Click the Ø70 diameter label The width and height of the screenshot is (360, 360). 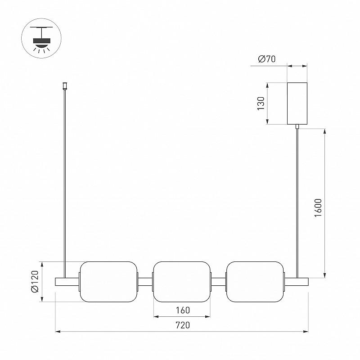(x=266, y=59)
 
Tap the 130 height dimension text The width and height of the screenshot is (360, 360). (x=261, y=103)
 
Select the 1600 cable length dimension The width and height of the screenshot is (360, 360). (x=318, y=208)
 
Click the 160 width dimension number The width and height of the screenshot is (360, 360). (x=183, y=310)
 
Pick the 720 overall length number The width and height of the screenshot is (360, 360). (x=183, y=325)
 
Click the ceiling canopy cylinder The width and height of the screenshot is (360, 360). (x=297, y=103)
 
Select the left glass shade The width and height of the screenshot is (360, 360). (x=108, y=282)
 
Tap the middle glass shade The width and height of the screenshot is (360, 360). (x=182, y=282)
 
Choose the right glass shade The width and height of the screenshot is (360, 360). (x=255, y=282)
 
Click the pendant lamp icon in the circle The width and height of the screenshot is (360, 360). (x=41, y=39)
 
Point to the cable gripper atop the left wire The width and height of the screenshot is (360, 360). (x=65, y=86)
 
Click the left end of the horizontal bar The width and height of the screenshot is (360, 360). (x=55, y=282)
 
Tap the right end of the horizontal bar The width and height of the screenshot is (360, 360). (x=308, y=282)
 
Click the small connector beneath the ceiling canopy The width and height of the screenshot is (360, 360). (x=297, y=126)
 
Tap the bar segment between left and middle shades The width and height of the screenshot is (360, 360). (x=145, y=282)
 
